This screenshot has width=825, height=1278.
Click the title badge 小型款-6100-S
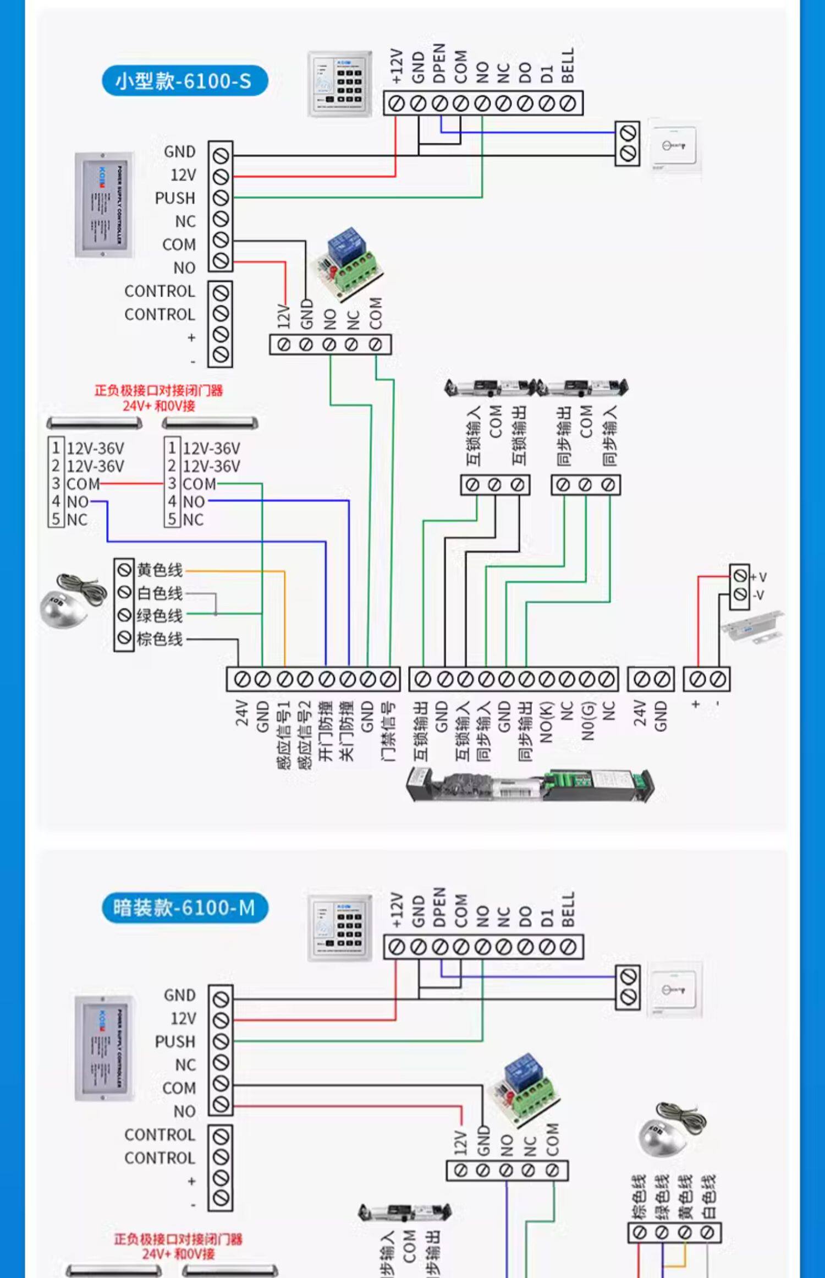point(184,81)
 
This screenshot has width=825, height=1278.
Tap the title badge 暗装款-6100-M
point(185,908)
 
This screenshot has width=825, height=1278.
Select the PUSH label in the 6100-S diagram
point(175,198)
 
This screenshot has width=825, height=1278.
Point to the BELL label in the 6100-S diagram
point(568,65)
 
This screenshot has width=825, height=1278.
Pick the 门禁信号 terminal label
point(388,731)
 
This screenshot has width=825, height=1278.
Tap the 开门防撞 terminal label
point(326,731)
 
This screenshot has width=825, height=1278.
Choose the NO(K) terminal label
point(546,722)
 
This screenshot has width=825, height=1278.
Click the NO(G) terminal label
point(588,722)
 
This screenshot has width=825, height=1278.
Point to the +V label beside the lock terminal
point(759,577)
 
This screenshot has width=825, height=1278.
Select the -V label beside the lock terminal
point(758,595)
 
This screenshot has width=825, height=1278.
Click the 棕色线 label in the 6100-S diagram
point(159,639)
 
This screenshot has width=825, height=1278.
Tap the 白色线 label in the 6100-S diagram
point(159,593)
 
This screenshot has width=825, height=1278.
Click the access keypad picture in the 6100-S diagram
point(339,84)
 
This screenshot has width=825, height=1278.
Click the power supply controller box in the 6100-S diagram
point(103,205)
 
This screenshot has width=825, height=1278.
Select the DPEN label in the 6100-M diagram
point(439,907)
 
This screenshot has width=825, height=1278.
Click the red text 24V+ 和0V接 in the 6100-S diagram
point(158,406)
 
